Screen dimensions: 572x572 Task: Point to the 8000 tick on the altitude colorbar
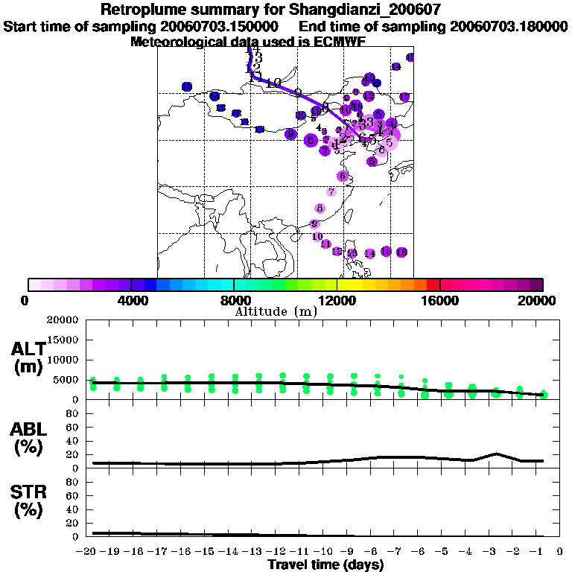pyautogui.click(x=234, y=284)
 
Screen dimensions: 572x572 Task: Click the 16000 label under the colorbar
pyautogui.click(x=440, y=301)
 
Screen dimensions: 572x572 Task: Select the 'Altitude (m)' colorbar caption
pyautogui.click(x=276, y=312)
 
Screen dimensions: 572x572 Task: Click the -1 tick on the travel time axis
pyautogui.click(x=541, y=552)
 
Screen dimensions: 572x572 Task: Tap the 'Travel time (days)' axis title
pyautogui.click(x=325, y=565)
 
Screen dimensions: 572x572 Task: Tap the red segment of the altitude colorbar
pyautogui.click(x=433, y=284)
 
